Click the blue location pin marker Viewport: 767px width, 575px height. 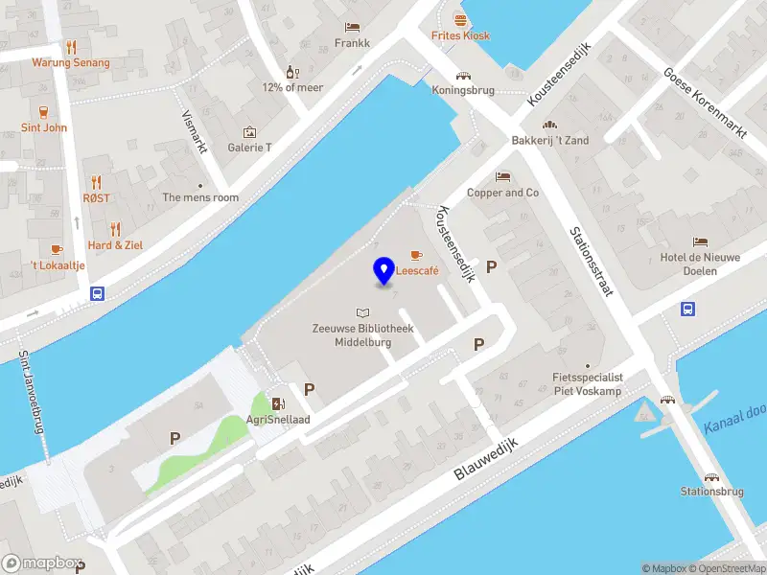pyautogui.click(x=384, y=271)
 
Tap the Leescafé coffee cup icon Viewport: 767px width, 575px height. pyautogui.click(x=416, y=255)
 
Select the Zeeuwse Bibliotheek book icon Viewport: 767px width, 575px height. pyautogui.click(x=362, y=312)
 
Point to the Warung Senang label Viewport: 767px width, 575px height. pyautogui.click(x=71, y=63)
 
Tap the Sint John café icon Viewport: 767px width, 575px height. pyautogui.click(x=44, y=111)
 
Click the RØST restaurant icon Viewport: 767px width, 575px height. pyautogui.click(x=96, y=182)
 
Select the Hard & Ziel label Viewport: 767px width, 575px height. pyautogui.click(x=115, y=245)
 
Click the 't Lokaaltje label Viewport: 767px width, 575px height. pyautogui.click(x=58, y=265)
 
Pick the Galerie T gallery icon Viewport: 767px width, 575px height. pyautogui.click(x=249, y=132)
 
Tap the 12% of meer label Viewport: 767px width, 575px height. pyautogui.click(x=292, y=87)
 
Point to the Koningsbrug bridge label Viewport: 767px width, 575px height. pyautogui.click(x=463, y=91)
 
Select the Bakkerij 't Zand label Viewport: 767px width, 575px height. pyautogui.click(x=550, y=141)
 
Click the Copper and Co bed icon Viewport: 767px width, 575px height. pyautogui.click(x=502, y=177)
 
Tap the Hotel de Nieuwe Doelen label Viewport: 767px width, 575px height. pyautogui.click(x=701, y=264)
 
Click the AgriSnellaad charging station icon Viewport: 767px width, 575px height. pyautogui.click(x=278, y=404)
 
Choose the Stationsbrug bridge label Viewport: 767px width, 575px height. pyautogui.click(x=711, y=492)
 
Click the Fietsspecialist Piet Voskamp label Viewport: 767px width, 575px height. pyautogui.click(x=588, y=384)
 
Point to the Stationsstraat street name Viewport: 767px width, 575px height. pyautogui.click(x=591, y=261)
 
